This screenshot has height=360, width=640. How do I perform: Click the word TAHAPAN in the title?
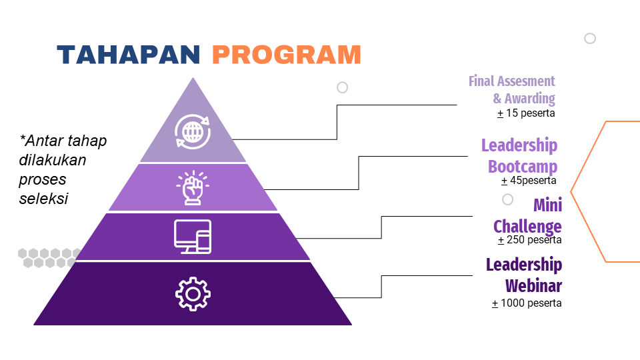(128, 55)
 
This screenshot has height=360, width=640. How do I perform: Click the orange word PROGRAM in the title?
(287, 55)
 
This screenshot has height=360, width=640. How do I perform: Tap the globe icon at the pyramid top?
(193, 131)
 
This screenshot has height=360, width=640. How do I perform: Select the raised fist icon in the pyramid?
(193, 187)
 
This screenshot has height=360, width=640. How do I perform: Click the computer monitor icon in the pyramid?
(193, 236)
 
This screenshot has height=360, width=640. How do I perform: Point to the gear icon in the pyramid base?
(193, 293)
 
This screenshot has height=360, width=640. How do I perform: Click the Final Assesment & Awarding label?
(512, 90)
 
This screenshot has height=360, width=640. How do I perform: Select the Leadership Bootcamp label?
(519, 155)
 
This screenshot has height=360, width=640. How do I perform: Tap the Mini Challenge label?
(527, 215)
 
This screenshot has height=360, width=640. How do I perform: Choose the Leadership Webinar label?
(524, 275)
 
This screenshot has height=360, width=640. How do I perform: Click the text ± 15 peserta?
(526, 113)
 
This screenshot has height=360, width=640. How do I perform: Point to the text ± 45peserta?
(529, 180)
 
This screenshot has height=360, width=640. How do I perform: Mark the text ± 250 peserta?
(529, 240)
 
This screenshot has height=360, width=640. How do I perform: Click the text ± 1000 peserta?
(527, 303)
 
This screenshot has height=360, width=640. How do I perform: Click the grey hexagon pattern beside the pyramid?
(48, 257)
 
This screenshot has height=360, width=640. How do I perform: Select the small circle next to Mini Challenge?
(507, 199)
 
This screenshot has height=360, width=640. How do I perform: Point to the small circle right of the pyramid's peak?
(343, 87)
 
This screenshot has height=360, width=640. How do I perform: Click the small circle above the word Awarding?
(590, 39)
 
